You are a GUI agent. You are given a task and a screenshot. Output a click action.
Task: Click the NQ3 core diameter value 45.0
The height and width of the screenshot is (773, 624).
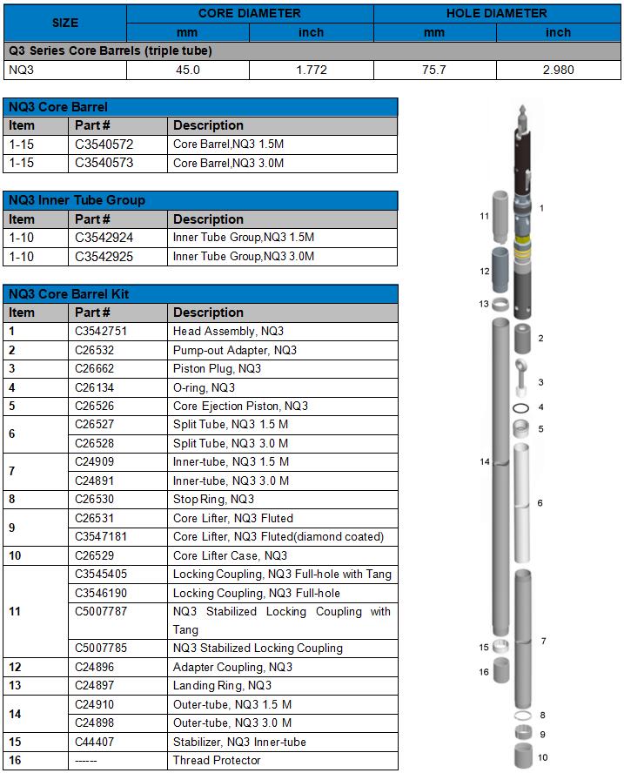pos(188,70)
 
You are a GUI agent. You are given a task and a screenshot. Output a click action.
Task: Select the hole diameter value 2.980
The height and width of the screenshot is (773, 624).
pos(558,70)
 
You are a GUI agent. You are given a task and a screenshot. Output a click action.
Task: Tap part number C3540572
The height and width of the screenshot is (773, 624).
pos(104,145)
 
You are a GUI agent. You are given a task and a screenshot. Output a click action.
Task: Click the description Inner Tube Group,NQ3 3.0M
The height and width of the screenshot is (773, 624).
pos(243,257)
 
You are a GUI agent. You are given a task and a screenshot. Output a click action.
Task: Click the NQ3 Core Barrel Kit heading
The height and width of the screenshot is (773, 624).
pos(69,294)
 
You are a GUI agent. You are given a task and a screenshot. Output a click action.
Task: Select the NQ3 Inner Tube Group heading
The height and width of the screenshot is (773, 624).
pos(77,200)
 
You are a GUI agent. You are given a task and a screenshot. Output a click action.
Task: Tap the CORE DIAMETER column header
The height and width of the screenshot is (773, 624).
pos(249,13)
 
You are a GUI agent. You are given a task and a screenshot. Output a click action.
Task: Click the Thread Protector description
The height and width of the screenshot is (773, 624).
pos(217,761)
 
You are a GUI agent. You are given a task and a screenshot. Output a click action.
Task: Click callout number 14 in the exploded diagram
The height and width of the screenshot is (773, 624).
pos(486,461)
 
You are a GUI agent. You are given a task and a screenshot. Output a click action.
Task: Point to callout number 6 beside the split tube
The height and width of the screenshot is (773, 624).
pos(540,503)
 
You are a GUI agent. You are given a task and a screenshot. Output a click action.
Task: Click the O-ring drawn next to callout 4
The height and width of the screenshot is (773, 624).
pos(521,407)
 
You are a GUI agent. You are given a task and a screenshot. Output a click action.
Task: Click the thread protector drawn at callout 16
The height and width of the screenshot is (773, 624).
pos(502,671)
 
